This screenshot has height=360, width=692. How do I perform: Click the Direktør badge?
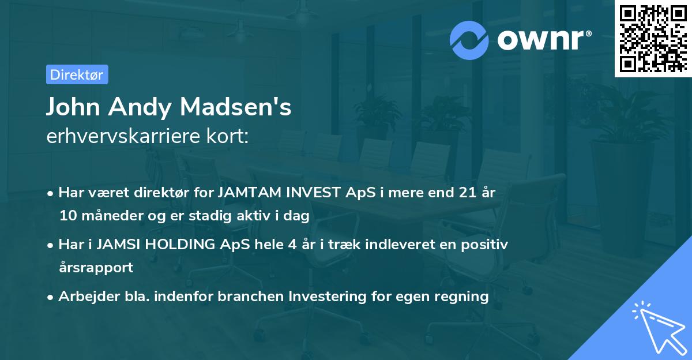pyautogui.click(x=77, y=74)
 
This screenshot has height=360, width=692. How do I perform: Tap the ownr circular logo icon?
pyautogui.click(x=469, y=40)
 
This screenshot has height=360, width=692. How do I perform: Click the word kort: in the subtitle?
pyautogui.click(x=229, y=136)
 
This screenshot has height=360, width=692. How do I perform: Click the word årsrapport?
pyautogui.click(x=96, y=268)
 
